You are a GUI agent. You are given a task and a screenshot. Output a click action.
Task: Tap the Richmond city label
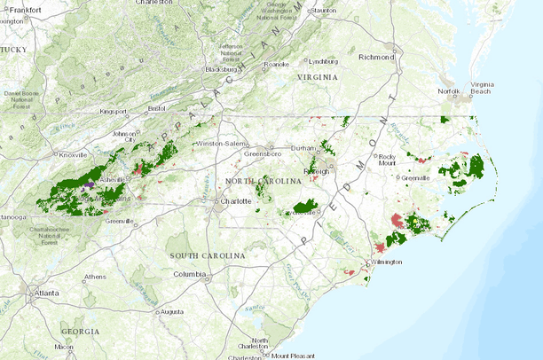374,57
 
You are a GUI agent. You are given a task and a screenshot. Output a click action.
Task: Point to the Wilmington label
386,262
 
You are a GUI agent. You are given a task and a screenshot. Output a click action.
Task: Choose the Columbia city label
189,274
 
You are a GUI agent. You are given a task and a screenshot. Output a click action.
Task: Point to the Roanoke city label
277,64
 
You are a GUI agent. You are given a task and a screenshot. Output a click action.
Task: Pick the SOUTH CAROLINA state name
208,255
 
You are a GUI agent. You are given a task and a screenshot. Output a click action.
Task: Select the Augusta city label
172,311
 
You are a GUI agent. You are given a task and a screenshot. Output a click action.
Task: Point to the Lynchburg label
327,61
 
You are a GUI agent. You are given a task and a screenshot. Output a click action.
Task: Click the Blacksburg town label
221,68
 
